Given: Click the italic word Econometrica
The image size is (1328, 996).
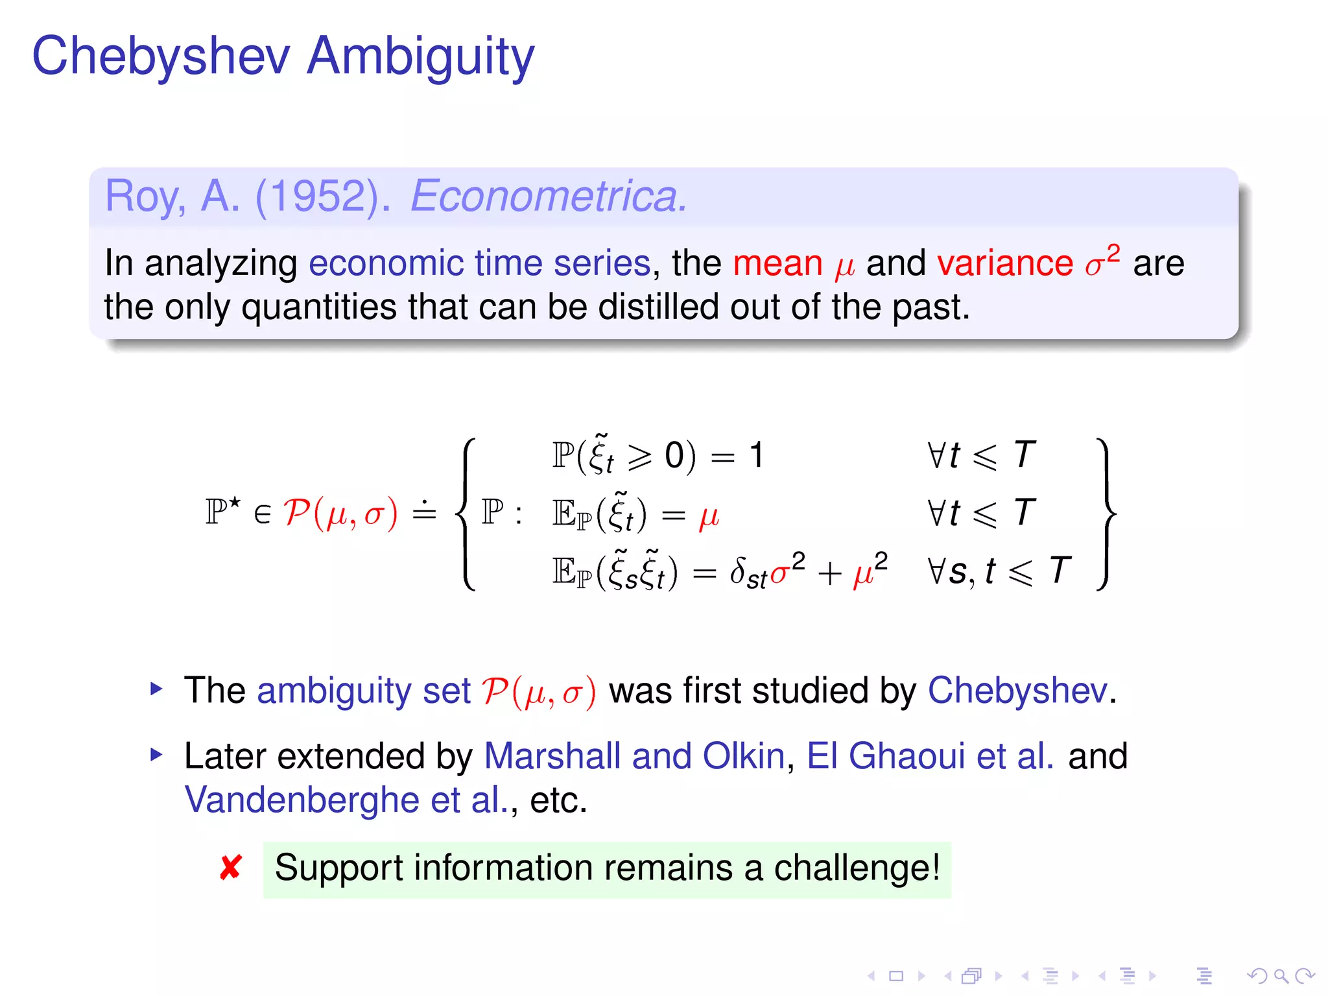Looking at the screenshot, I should (x=548, y=196).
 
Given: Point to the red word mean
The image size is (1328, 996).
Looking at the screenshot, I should (x=777, y=263).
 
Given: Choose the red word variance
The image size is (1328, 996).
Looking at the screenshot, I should (x=1004, y=263).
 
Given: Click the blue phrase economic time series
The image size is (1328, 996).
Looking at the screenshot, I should (x=479, y=263).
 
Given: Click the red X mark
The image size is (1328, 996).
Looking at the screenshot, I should (x=231, y=868).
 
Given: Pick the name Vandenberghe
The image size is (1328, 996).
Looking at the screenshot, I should (x=302, y=800).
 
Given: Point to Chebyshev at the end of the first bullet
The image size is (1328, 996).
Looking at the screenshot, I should (x=1017, y=690).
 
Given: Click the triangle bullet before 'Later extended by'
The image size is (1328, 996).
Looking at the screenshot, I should (x=156, y=754).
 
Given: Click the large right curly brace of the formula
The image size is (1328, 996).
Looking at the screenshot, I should (x=1106, y=514).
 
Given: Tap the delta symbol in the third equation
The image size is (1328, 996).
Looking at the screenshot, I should (x=737, y=571).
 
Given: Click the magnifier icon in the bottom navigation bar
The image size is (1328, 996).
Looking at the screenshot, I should (x=1281, y=975).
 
